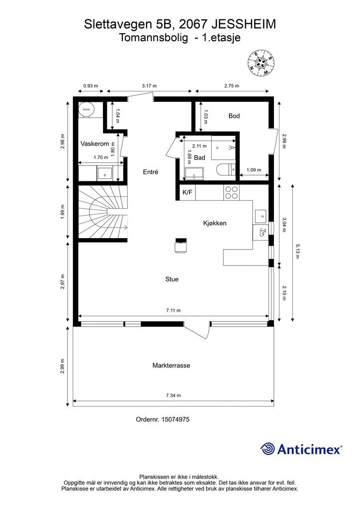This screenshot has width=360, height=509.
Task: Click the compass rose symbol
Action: tap(261, 63)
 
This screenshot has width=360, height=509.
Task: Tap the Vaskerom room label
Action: tap(94, 144)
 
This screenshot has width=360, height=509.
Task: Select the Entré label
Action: tap(151, 171)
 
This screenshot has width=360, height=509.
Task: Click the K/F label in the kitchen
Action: tap(187, 192)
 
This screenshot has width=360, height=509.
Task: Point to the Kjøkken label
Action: tap(215, 223)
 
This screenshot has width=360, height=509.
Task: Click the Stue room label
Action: tap(172, 279)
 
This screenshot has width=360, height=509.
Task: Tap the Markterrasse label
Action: tap(172, 365)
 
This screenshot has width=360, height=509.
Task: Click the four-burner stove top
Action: tap(231, 192)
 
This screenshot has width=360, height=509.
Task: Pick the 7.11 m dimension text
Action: tap(174, 310)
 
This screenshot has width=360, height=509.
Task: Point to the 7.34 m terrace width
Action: tap(174, 395)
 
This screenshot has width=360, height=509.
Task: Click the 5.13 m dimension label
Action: tap(297, 251)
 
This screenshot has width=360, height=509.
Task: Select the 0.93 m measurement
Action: tap(90, 86)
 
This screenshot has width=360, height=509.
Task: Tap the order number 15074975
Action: tap(176, 420)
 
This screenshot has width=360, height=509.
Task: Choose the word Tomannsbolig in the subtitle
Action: tap(154, 38)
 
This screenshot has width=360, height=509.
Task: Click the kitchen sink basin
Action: tap(261, 216)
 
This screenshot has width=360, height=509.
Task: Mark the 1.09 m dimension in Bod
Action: tap(254, 170)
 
